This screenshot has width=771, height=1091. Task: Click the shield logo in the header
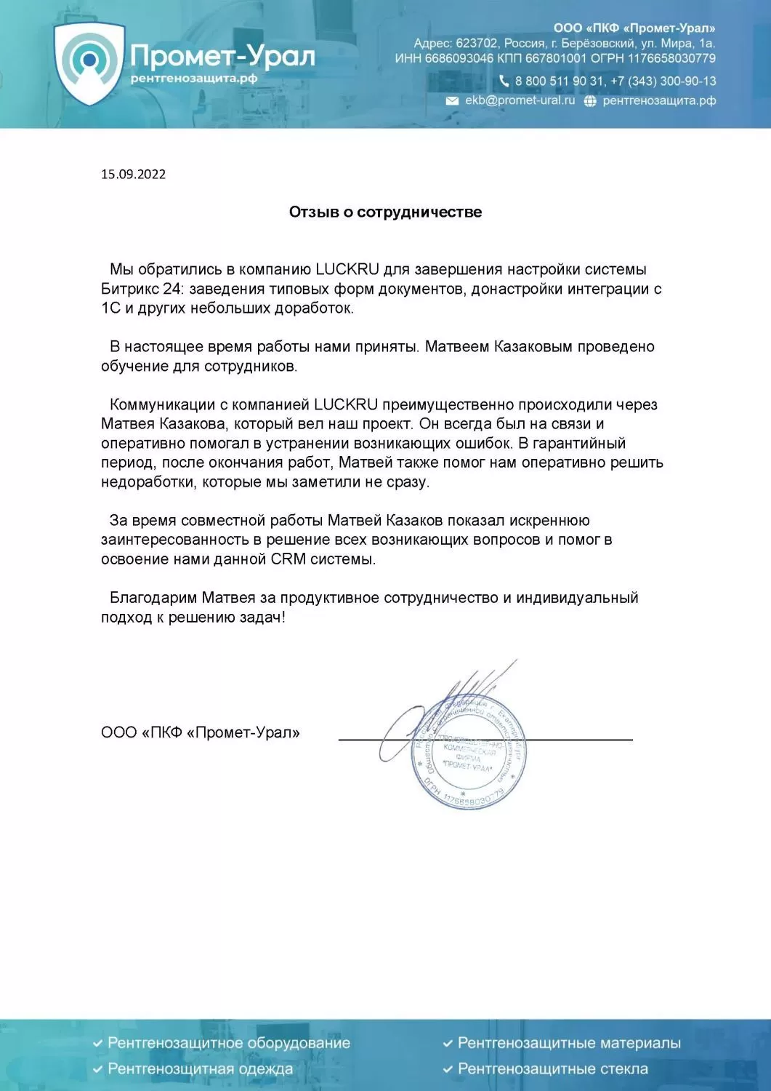pos(89,63)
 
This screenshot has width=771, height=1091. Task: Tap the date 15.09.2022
pos(133,174)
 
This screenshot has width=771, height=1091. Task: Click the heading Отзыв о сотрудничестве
pos(385,212)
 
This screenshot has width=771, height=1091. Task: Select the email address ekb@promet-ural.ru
pos(520,100)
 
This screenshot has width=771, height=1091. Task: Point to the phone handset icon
pos(504,81)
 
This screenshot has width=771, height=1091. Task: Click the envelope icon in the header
pos(452,101)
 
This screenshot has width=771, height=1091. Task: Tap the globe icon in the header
pos(590,101)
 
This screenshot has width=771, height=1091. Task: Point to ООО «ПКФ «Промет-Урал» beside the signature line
pos(201,732)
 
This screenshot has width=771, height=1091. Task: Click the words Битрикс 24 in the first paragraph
pos(141,289)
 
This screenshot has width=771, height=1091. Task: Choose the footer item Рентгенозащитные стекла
pos(552,1068)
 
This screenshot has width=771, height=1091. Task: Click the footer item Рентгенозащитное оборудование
pos(228,1043)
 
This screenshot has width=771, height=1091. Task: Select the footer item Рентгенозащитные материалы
pos(568,1043)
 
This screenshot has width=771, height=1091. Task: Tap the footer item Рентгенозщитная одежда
pos(200,1068)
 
